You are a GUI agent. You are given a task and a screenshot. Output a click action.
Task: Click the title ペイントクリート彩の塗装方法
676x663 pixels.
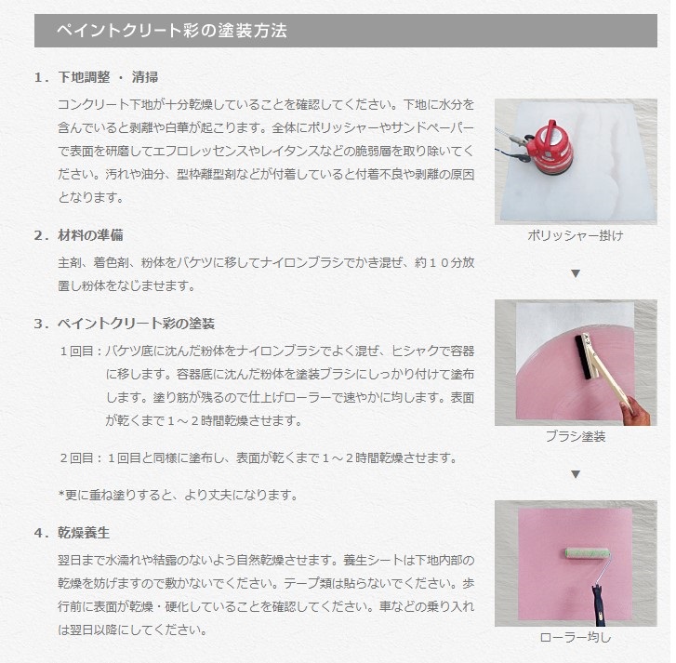(x=171, y=31)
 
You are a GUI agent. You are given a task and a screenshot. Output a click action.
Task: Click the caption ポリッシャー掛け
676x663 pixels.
(x=575, y=235)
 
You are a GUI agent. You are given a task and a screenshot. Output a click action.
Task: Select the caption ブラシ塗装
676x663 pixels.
(x=575, y=435)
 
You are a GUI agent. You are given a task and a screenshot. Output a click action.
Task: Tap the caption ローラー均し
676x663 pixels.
(x=575, y=638)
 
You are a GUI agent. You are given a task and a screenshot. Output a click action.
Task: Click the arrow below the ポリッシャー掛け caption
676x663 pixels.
(x=575, y=273)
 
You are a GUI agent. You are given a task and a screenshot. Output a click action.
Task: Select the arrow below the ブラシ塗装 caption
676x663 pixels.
(x=575, y=474)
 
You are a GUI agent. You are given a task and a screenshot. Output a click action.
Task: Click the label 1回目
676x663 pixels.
(x=78, y=351)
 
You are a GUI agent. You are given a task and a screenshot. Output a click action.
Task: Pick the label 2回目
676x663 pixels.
(x=78, y=458)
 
